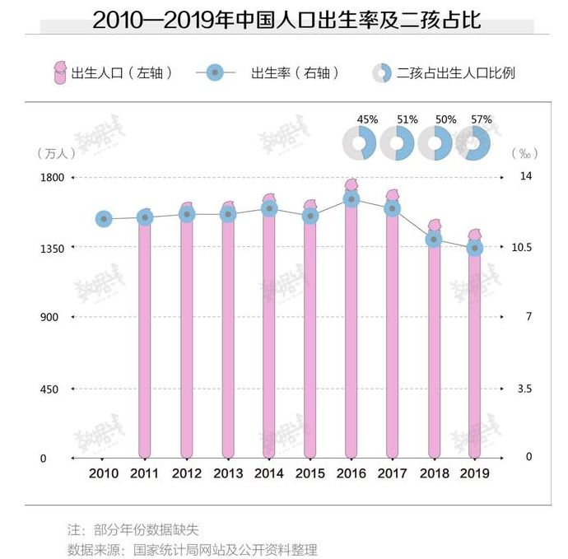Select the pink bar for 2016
[352, 329]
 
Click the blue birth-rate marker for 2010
[104, 219]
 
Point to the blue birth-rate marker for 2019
[475, 248]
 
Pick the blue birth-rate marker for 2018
[434, 240]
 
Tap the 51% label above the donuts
[407, 119]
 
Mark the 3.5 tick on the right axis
[524, 389]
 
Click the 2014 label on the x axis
[269, 473]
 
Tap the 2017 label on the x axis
[393, 473]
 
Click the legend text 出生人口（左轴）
[123, 72]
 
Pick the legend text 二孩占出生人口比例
[456, 72]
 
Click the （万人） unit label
[57, 153]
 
